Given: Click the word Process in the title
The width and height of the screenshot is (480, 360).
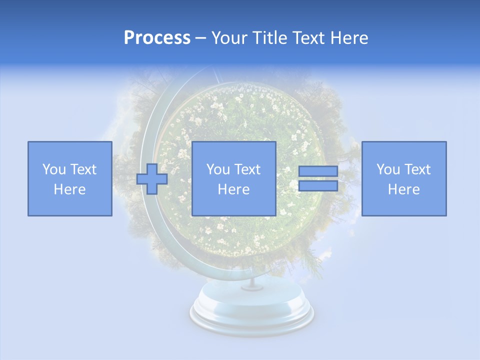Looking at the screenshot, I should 157,38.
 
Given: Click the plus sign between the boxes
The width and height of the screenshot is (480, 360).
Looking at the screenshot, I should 152,179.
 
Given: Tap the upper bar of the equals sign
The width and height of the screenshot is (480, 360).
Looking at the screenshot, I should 318,171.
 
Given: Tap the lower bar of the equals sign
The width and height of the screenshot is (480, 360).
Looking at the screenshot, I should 318,186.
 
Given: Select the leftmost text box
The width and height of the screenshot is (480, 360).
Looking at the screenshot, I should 69,178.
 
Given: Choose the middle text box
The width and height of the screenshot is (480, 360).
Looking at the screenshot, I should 233,178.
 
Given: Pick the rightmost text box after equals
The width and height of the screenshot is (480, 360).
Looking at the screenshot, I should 403,178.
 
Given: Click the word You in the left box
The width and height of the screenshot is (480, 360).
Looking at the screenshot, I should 53,169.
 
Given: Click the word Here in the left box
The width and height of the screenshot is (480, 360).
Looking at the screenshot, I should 69,189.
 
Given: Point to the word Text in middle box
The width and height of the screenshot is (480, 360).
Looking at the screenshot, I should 247,169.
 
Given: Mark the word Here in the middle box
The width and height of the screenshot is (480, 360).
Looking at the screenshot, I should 233,189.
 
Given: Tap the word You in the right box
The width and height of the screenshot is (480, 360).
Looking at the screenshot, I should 387,169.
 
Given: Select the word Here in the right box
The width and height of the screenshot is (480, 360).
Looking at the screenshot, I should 403,189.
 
